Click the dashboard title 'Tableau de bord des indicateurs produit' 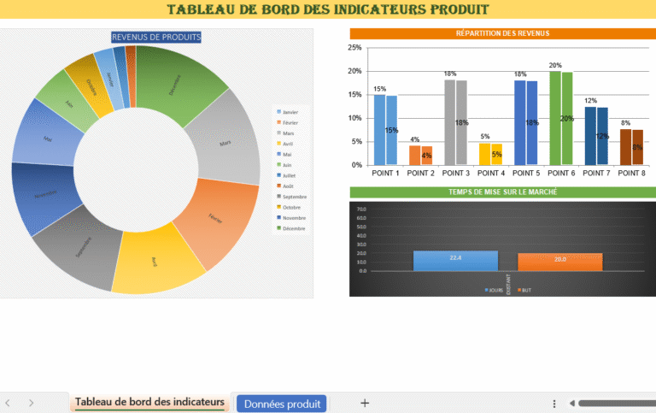328,9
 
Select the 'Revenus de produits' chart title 156,37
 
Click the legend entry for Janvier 288,112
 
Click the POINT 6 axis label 560,173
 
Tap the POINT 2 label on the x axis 420,173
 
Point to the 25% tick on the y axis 355,48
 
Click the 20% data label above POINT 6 555,65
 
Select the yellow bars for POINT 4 490,153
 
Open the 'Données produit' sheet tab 282,404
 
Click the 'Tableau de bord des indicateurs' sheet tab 149,402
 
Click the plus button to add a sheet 365,403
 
